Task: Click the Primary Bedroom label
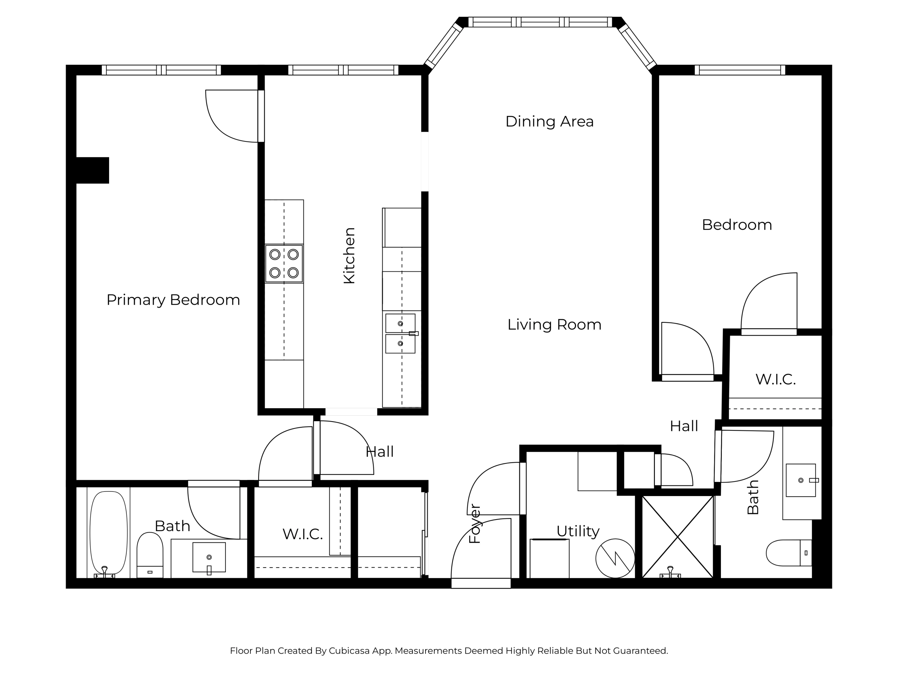[x=173, y=300]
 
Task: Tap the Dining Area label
[x=549, y=121]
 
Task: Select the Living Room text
[x=554, y=325]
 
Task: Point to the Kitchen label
[x=349, y=256]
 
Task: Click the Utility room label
[x=578, y=531]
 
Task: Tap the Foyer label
[x=475, y=524]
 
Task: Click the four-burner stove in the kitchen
[x=284, y=263]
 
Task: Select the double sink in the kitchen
[x=401, y=333]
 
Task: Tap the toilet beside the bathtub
[x=150, y=555]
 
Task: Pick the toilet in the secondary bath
[x=789, y=553]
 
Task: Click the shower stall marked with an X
[x=678, y=537]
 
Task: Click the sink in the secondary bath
[x=801, y=480]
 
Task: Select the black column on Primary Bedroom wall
[x=93, y=170]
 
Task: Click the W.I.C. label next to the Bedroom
[x=775, y=379]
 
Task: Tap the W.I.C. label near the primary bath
[x=302, y=534]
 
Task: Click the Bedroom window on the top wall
[x=740, y=70]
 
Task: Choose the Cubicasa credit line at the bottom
[x=449, y=651]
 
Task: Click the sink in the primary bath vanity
[x=209, y=557]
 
